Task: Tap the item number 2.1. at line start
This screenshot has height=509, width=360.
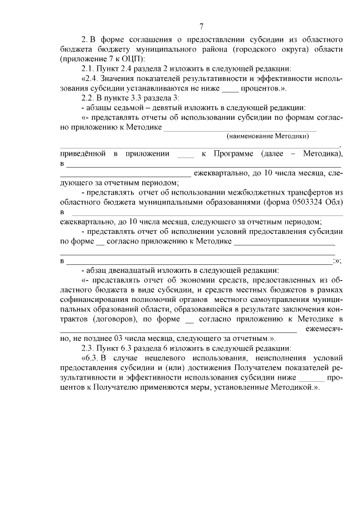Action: coord(91,69)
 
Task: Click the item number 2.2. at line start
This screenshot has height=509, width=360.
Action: coord(91,97)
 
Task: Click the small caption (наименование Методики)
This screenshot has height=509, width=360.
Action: coord(268,136)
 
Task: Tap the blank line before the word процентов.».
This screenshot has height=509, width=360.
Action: coord(230,88)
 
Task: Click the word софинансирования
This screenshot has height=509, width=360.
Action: coord(94,299)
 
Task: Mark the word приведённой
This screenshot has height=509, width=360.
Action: coord(83,154)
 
